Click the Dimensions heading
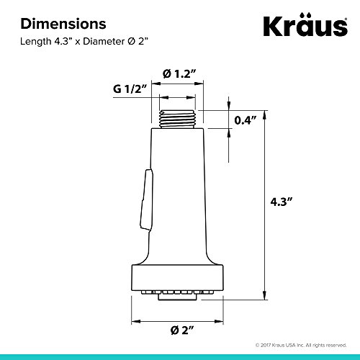pyautogui.click(x=63, y=24)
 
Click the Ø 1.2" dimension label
pyautogui.click(x=179, y=73)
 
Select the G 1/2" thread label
pyautogui.click(x=130, y=89)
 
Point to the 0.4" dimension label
pyautogui.click(x=246, y=120)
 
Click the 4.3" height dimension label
pyautogui.click(x=282, y=202)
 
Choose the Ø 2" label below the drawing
pyautogui.click(x=182, y=330)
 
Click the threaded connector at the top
pyautogui.click(x=177, y=120)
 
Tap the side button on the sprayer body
pyautogui.click(x=147, y=200)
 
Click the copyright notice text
pyautogui.click(x=301, y=345)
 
